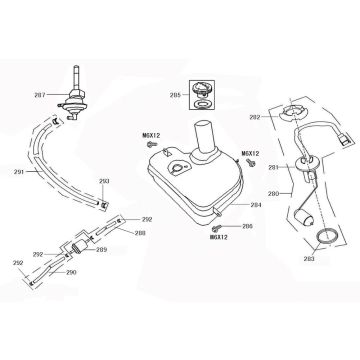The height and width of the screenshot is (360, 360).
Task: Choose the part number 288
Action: click(141, 233)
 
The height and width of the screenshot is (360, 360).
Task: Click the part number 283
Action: click(308, 259)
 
